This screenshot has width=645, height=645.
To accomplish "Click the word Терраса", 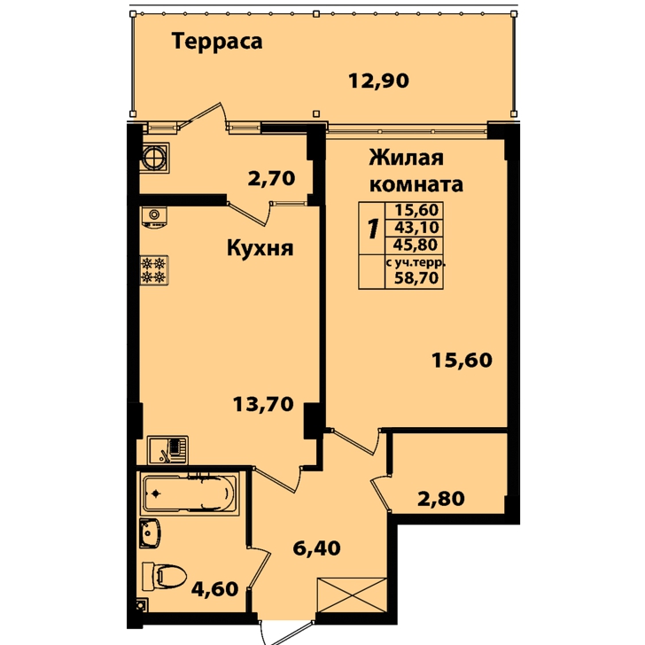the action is [217, 43].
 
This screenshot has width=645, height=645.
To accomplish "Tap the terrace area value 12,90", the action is [378, 81].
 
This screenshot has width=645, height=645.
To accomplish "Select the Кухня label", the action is [260, 248].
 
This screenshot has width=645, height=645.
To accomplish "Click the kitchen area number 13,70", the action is [263, 404].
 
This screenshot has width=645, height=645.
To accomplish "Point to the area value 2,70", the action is [271, 179].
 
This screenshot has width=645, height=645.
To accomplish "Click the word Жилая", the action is [407, 158].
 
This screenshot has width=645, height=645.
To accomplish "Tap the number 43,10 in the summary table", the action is [416, 227].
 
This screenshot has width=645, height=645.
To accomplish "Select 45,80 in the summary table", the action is [415, 245].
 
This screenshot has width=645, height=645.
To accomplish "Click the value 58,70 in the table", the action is [416, 278].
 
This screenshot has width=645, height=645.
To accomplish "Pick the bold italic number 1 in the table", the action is [372, 229].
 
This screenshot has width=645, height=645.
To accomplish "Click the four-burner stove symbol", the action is [154, 270].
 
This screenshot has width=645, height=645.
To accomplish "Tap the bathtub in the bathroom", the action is [190, 493].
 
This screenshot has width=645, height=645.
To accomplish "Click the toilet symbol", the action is [164, 577].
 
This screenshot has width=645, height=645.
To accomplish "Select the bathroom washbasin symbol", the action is [150, 533].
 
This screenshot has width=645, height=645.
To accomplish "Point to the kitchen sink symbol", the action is [167, 450].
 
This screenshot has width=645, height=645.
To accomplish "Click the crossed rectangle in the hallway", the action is [352, 595].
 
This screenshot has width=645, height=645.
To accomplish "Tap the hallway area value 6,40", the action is [317, 548].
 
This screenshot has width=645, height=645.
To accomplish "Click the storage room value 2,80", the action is [441, 499].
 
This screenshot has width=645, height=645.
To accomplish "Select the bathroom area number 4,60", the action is [214, 589].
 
